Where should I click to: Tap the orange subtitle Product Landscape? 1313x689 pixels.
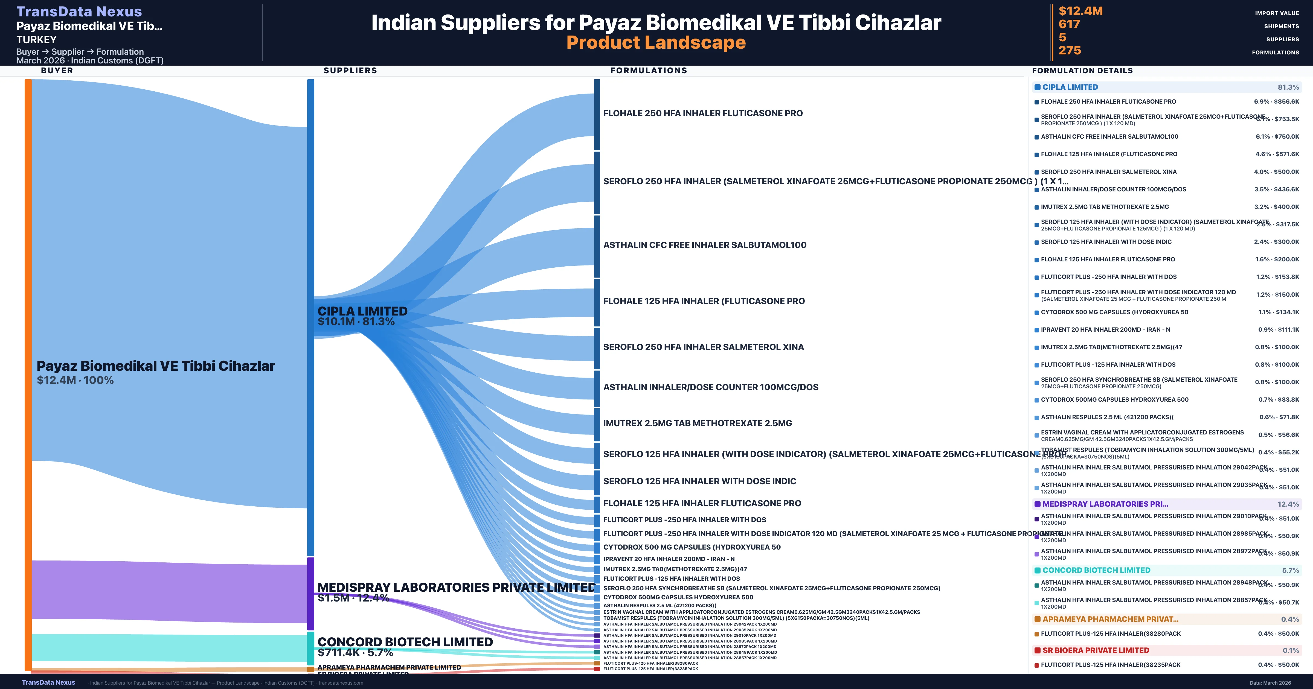tap(656, 42)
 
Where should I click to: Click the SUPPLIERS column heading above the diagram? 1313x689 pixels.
tap(350, 70)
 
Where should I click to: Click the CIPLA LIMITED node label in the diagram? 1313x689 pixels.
tap(362, 311)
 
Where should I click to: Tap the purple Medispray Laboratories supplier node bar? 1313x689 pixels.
tap(310, 593)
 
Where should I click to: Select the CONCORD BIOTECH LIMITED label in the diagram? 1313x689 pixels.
tap(405, 642)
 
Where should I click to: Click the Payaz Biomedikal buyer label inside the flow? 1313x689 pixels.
tap(155, 366)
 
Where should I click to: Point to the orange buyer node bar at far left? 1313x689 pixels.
tap(28, 375)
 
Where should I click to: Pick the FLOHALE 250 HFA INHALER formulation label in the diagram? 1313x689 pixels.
tap(703, 113)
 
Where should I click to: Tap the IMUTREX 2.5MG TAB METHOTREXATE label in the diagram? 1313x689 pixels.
tap(697, 423)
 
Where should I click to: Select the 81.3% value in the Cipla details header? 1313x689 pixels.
tap(1288, 87)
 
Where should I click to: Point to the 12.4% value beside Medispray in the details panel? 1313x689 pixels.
tap(1288, 504)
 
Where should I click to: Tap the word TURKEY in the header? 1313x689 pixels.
tap(36, 40)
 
